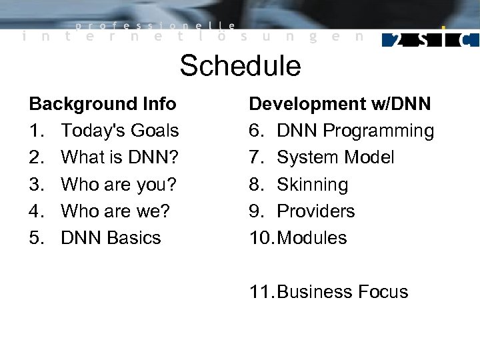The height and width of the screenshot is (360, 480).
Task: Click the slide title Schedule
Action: [240, 66]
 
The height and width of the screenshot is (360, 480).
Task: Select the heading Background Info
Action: [103, 104]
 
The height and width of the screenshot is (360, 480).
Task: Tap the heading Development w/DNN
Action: [339, 104]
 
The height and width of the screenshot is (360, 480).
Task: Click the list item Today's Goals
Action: [119, 131]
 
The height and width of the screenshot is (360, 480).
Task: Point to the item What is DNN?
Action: [119, 157]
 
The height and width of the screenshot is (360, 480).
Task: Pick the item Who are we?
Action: [115, 211]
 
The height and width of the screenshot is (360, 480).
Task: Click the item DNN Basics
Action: [111, 237]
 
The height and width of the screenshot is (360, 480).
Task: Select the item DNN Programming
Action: [355, 131]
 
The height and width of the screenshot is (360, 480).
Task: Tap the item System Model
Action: [335, 157]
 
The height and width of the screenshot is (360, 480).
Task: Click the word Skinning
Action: [312, 184]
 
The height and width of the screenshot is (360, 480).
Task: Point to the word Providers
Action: [315, 211]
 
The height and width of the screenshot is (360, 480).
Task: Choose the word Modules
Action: [311, 237]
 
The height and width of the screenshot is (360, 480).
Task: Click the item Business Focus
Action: [342, 292]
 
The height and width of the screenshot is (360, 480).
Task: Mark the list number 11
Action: [260, 292]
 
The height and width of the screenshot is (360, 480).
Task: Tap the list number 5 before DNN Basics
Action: [35, 237]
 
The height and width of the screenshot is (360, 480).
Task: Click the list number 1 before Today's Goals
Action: [35, 131]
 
